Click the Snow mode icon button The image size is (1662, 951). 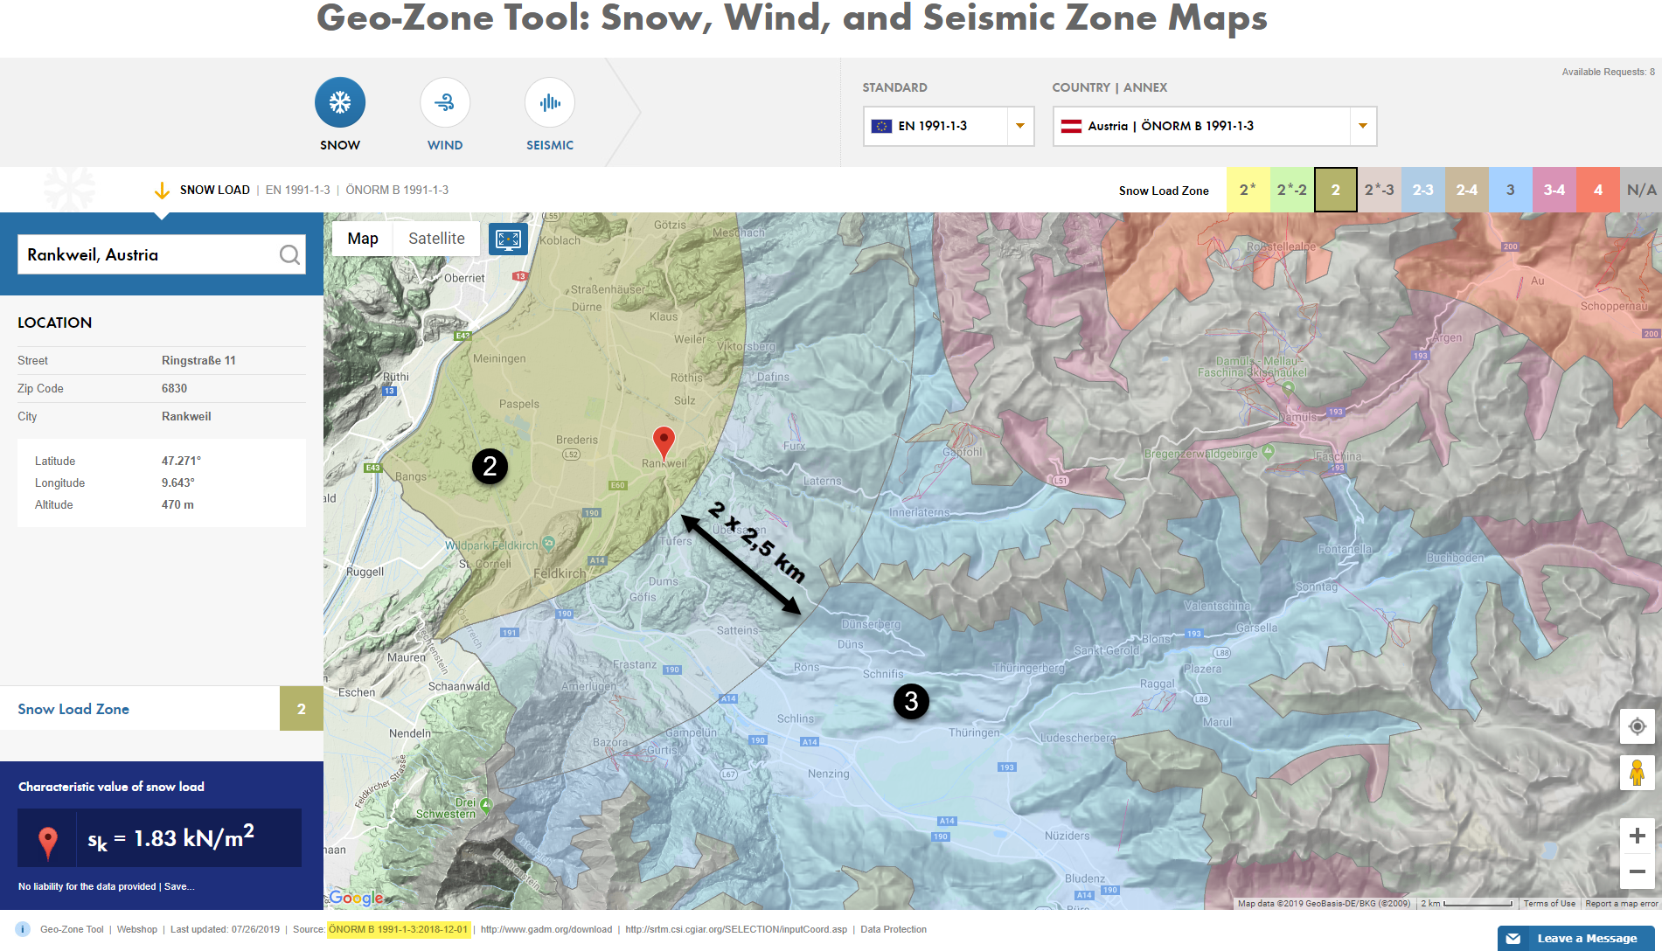coord(340,103)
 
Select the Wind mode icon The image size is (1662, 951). coord(445,103)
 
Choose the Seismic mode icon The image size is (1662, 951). coord(550,103)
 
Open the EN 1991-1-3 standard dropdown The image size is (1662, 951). coord(948,126)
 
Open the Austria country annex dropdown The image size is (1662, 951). coord(1213,126)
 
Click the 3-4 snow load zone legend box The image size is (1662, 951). coord(1554,190)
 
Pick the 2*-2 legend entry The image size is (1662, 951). coord(1291,190)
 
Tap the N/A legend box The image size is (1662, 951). coord(1641,190)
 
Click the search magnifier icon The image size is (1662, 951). coord(289,254)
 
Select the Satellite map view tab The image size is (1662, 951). coord(436,239)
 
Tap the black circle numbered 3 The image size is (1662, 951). coord(911,701)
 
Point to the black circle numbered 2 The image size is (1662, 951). coord(490,466)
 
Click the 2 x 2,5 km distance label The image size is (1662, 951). coord(757,543)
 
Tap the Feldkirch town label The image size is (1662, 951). coord(560,573)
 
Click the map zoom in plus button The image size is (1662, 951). coord(1637,836)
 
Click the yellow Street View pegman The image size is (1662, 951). coord(1637,773)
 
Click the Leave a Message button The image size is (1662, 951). coord(1575,938)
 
